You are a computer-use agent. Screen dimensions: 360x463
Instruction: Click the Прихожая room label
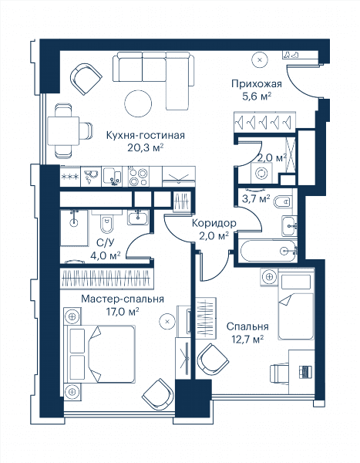click(257, 84)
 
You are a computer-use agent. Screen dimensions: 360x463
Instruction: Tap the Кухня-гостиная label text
click(145, 135)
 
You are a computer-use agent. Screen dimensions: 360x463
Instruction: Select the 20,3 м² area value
click(145, 147)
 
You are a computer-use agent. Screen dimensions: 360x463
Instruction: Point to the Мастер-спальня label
click(123, 299)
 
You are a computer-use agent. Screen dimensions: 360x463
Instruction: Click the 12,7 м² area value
click(247, 340)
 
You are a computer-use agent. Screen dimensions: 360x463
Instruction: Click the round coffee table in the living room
click(138, 103)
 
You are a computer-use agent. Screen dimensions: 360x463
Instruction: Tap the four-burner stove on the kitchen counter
click(139, 177)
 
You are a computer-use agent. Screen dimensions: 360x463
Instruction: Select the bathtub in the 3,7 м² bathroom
click(268, 251)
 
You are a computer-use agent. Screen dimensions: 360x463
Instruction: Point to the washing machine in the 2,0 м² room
click(261, 174)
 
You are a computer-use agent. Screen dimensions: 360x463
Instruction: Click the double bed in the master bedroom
click(100, 354)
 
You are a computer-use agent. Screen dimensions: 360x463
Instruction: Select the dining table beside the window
click(63, 131)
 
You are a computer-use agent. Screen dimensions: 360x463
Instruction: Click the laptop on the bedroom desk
click(304, 371)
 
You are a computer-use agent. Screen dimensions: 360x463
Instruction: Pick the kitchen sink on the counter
click(112, 177)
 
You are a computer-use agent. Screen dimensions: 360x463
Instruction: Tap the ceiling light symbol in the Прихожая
click(260, 60)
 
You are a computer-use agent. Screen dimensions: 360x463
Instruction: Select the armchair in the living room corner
click(86, 78)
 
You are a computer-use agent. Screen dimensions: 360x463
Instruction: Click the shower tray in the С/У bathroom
click(74, 228)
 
